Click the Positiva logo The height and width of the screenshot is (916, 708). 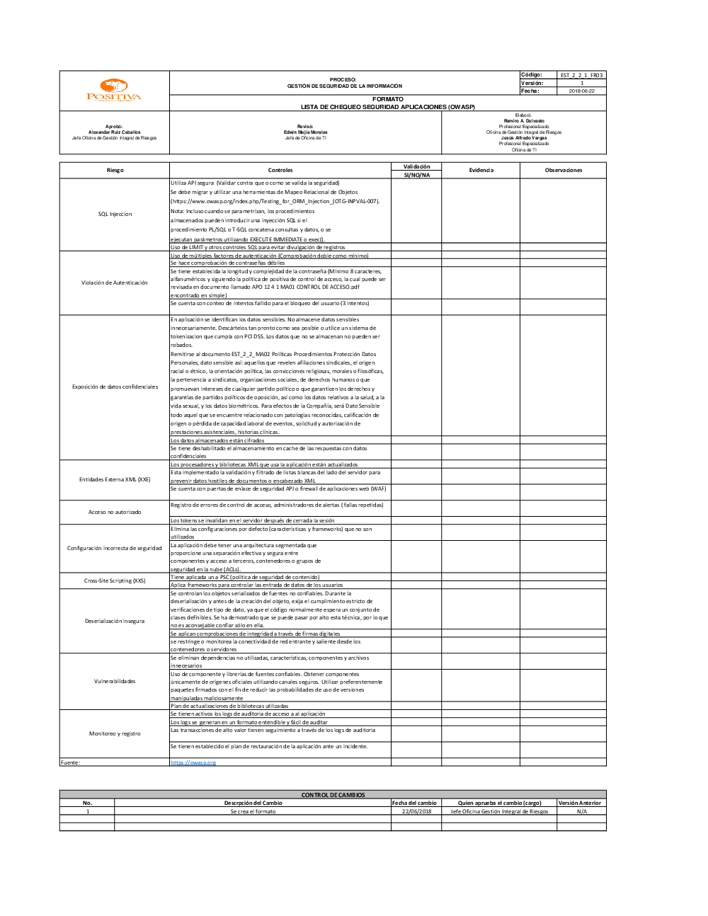(114, 90)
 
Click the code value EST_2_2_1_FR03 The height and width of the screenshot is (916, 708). (582, 75)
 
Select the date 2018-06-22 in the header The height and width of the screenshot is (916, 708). (582, 91)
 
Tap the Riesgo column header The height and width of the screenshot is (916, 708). (115, 171)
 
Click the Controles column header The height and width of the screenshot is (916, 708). (280, 171)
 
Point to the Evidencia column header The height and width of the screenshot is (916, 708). (481, 171)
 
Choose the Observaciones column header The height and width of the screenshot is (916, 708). (564, 171)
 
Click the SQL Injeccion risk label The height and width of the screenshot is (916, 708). (115, 214)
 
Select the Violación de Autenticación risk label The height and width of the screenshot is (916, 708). (115, 282)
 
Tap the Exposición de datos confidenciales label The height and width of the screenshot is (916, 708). (115, 387)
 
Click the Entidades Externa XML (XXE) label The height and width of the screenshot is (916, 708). (115, 479)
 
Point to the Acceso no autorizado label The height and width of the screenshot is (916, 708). (115, 512)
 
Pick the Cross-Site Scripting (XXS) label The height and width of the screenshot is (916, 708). (115, 580)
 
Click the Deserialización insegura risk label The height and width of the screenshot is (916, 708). (115, 621)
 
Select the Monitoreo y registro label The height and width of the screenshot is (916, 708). (115, 733)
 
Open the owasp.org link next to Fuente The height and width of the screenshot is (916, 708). (193, 762)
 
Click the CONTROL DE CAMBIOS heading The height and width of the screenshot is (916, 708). (333, 795)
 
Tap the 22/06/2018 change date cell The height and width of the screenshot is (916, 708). (416, 811)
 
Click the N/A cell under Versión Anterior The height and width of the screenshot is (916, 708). (582, 811)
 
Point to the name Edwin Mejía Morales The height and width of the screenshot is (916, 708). (306, 132)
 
